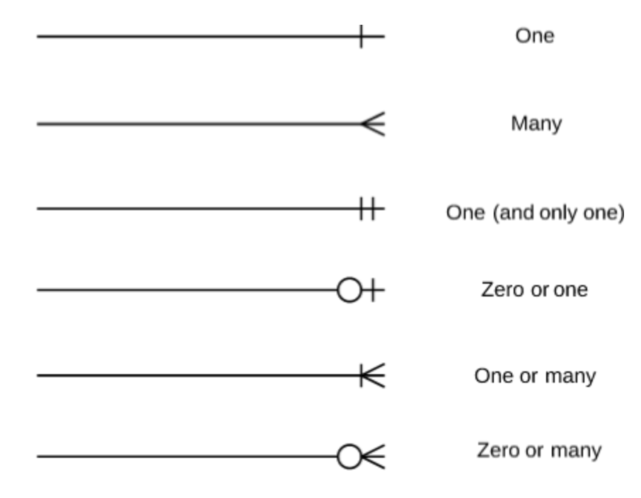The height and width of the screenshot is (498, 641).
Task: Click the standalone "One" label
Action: tap(535, 36)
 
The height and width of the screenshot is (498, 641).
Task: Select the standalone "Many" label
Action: tap(536, 124)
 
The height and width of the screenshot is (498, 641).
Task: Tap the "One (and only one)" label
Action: tap(535, 212)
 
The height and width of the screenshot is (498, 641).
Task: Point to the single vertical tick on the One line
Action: tap(362, 36)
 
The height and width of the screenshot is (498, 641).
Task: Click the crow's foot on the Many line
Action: tap(373, 124)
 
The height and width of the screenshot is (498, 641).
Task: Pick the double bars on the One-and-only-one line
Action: tap(366, 209)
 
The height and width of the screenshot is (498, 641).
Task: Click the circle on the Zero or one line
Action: tap(349, 290)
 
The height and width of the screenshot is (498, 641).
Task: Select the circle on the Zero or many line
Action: tap(349, 457)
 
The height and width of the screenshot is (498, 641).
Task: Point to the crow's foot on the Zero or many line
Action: tap(373, 457)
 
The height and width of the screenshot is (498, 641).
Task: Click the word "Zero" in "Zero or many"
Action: tap(494, 451)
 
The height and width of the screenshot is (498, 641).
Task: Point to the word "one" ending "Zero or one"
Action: tap(570, 289)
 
